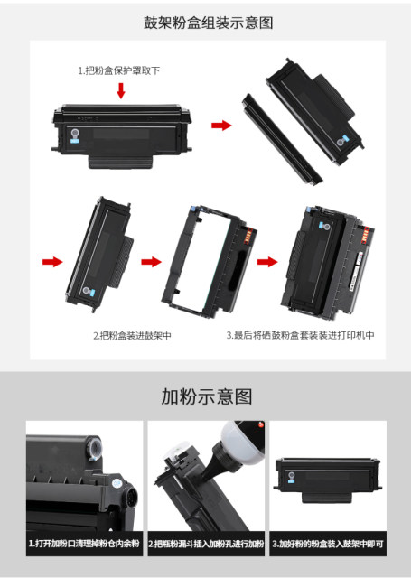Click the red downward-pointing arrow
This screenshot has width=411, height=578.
coord(120,91)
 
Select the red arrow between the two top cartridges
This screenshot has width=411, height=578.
coord(220,125)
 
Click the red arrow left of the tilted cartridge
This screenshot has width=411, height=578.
coord(53,262)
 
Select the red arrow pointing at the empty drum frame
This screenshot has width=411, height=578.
coord(151,262)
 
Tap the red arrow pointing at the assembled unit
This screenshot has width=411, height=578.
coord(266,262)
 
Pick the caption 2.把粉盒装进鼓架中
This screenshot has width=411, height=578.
coord(132,335)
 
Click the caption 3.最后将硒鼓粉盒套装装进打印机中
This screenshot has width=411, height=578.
coord(300,335)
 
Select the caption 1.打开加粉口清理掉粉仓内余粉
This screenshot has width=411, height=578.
coord(83,545)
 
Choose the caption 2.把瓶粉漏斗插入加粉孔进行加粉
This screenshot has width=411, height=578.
coord(206,545)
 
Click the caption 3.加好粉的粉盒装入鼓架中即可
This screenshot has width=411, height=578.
coord(328,545)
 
